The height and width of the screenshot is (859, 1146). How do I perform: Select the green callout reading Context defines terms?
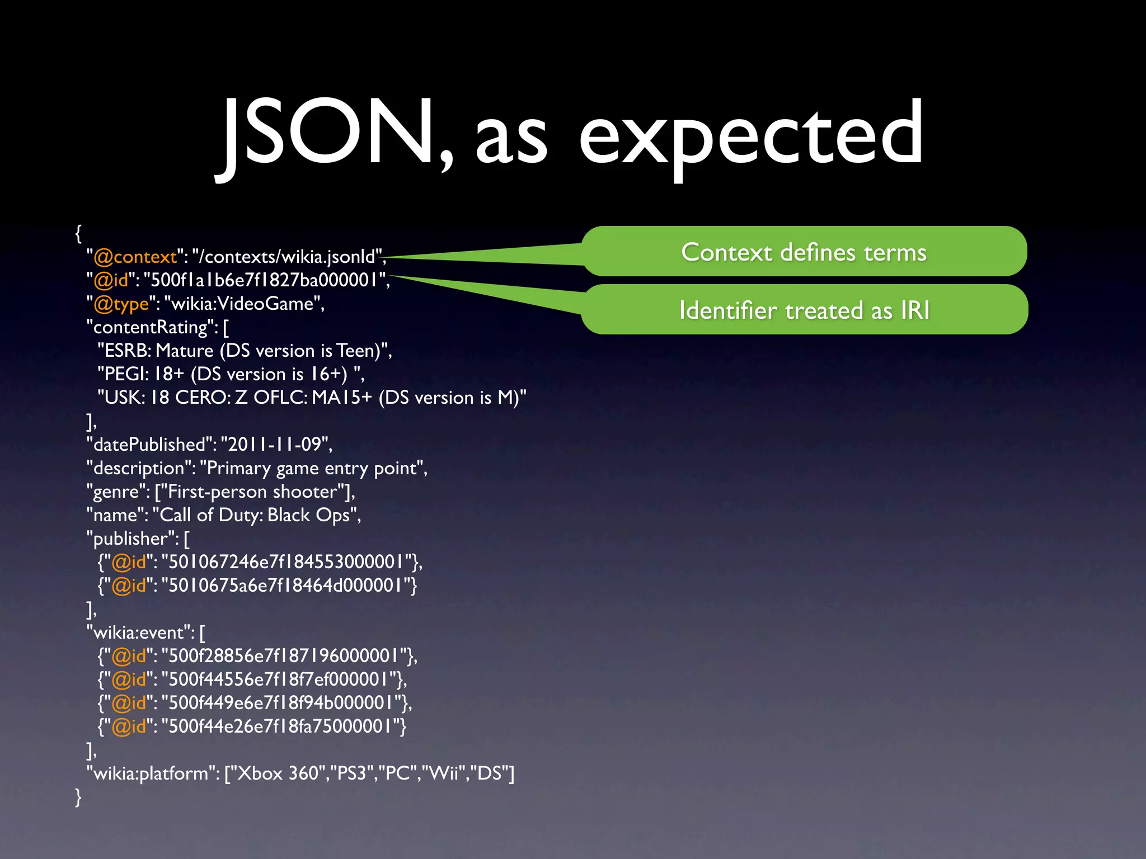[804, 252]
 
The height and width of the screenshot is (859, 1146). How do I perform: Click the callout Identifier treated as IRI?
[804, 310]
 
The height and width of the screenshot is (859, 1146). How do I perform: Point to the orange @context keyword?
[135, 257]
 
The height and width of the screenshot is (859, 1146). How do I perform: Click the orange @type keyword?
[121, 304]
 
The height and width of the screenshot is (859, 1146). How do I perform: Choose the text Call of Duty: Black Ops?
[257, 515]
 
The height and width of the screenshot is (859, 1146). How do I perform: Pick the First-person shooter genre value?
[252, 492]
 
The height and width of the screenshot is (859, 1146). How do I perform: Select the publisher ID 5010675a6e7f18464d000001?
[285, 586]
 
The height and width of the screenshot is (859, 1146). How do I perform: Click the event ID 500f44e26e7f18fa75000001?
[280, 726]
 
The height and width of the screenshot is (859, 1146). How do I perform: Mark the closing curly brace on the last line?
[78, 796]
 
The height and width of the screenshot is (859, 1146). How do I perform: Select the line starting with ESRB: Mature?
[245, 351]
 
